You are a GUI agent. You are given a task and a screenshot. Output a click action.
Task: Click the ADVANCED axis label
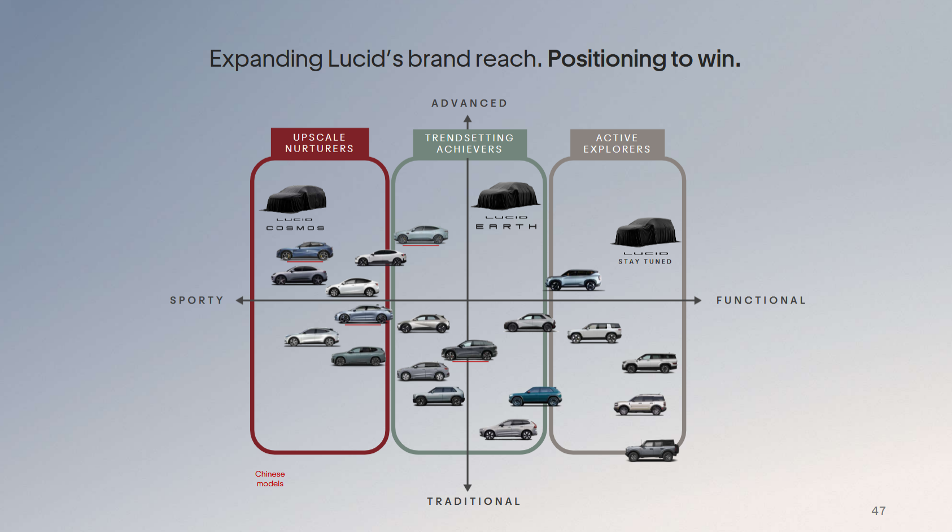tap(469, 103)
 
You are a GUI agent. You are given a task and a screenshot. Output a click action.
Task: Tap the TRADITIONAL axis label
tap(474, 501)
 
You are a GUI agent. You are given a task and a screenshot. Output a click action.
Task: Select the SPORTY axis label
tap(196, 300)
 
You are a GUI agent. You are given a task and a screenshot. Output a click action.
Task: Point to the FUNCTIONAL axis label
tap(761, 300)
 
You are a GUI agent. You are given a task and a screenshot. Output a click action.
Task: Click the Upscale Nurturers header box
tap(320, 143)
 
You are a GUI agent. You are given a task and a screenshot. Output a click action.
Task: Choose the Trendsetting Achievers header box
tap(470, 144)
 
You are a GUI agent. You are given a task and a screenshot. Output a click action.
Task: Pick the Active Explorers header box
tap(617, 144)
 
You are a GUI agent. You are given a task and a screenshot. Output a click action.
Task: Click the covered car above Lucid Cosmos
tap(296, 198)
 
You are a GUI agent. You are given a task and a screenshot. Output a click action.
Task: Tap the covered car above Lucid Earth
tap(507, 196)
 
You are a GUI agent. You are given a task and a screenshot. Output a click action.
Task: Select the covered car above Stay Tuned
tap(645, 232)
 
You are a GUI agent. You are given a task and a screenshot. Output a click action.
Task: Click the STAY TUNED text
tap(645, 262)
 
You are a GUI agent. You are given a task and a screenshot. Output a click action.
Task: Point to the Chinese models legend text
tap(270, 479)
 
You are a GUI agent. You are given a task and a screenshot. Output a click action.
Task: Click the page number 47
tap(879, 511)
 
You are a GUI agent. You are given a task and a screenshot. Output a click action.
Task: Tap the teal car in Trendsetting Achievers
tap(535, 397)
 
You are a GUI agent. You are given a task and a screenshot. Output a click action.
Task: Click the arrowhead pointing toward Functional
tap(697, 300)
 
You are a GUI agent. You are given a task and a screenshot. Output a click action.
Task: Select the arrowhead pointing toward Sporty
tap(240, 300)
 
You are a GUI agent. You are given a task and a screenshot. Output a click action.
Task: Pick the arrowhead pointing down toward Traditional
tap(468, 487)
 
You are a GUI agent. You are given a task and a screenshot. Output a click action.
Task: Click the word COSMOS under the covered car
tap(295, 228)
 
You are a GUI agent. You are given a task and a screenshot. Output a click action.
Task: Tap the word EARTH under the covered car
tap(506, 227)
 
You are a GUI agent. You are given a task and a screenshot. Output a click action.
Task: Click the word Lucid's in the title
tap(365, 59)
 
